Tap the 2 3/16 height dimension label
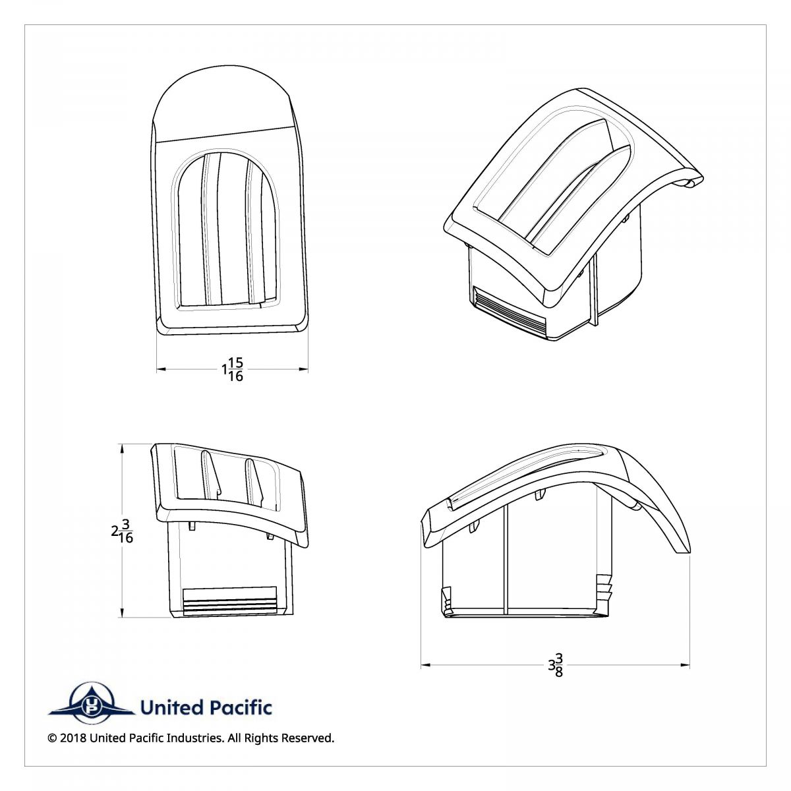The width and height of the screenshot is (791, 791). (x=122, y=531)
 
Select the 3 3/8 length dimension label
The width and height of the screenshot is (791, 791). (x=556, y=664)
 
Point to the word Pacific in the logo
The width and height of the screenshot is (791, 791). (x=241, y=708)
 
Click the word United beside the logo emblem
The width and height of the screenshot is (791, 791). (x=173, y=708)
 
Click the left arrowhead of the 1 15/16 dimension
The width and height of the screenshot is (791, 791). (x=161, y=369)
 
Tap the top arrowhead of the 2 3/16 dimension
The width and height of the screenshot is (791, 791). (x=121, y=448)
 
